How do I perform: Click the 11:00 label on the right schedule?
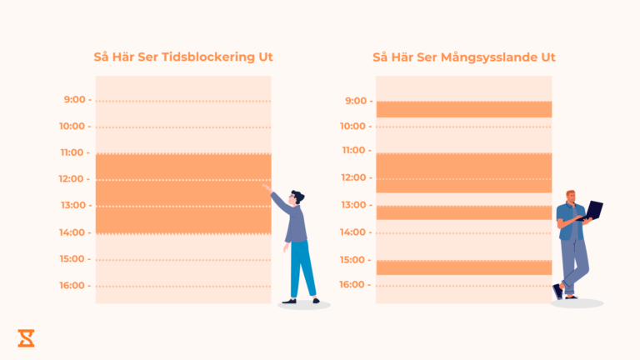tap(353, 151)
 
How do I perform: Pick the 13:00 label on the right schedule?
tap(353, 205)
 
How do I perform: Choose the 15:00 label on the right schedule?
tap(353, 260)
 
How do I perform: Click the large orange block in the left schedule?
tap(183, 193)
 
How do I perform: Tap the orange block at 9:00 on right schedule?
tap(463, 109)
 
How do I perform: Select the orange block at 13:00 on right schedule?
tap(463, 212)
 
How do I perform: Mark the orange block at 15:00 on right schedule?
tap(463, 267)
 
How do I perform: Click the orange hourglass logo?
tap(26, 337)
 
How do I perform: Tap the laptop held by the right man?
tap(594, 210)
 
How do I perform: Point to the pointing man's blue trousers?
tap(302, 267)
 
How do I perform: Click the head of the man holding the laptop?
tap(572, 197)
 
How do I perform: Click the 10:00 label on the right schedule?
tap(353, 127)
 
